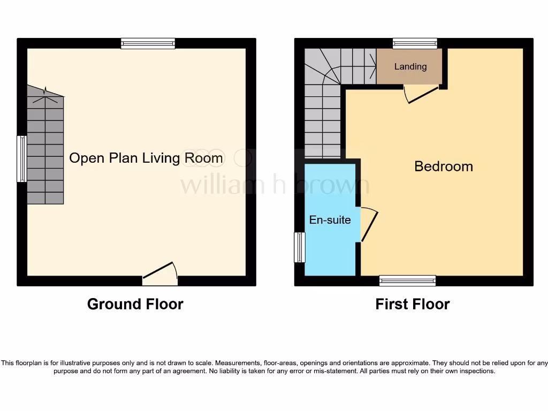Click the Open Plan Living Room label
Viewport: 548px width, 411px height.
[146, 158]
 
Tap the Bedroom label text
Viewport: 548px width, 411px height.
[444, 166]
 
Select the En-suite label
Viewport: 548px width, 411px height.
[330, 220]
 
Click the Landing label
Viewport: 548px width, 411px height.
[410, 66]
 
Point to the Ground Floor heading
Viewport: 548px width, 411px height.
[135, 305]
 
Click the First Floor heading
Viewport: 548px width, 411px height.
[412, 305]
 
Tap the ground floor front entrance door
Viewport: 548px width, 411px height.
[161, 273]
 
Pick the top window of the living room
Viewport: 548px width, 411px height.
[148, 44]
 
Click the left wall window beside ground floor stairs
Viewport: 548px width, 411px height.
[21, 159]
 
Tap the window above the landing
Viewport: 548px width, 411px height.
[415, 44]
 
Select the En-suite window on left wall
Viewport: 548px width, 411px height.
[299, 247]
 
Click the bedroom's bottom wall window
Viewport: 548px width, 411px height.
[407, 280]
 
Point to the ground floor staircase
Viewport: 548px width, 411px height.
[45, 150]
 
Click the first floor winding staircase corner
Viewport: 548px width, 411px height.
[321, 67]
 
